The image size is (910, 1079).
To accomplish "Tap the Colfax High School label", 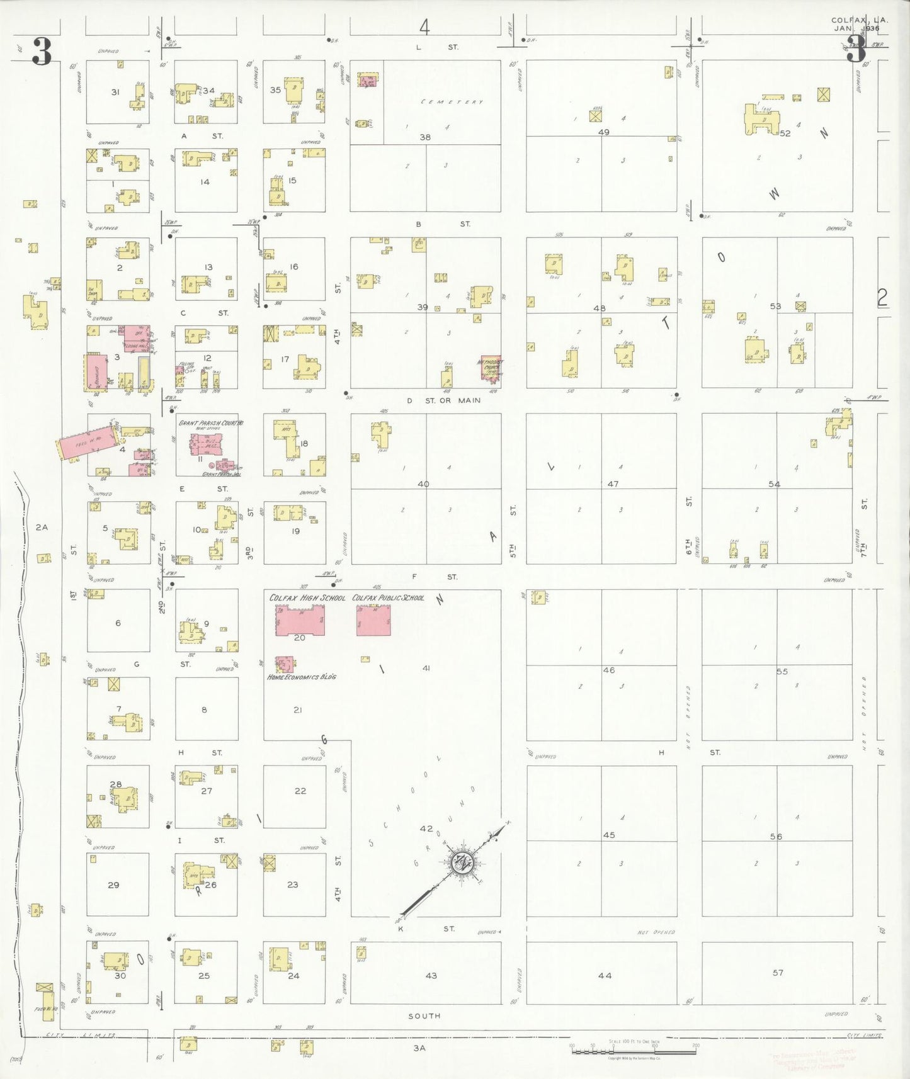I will click(307, 597).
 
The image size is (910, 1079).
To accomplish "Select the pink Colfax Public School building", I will click(373, 620).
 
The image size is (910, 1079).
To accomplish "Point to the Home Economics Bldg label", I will click(302, 677).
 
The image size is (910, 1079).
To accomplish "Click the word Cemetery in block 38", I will click(452, 102).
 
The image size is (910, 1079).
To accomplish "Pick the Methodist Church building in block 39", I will click(491, 368).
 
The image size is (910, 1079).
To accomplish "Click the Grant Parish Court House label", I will click(210, 424).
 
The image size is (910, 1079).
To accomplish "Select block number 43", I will click(431, 975).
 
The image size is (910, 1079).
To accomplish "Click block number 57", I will click(778, 973).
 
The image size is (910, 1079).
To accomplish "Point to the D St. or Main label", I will click(443, 400).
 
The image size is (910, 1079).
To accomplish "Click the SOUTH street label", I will click(424, 1015).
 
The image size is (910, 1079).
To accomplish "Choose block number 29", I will click(113, 884).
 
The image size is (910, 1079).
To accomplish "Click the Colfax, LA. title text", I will click(860, 20).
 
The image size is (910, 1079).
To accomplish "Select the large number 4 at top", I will click(424, 27).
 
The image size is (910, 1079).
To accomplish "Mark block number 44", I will click(605, 975).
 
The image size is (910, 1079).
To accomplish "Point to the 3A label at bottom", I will click(419, 1048).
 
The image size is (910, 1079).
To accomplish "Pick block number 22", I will click(300, 791).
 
